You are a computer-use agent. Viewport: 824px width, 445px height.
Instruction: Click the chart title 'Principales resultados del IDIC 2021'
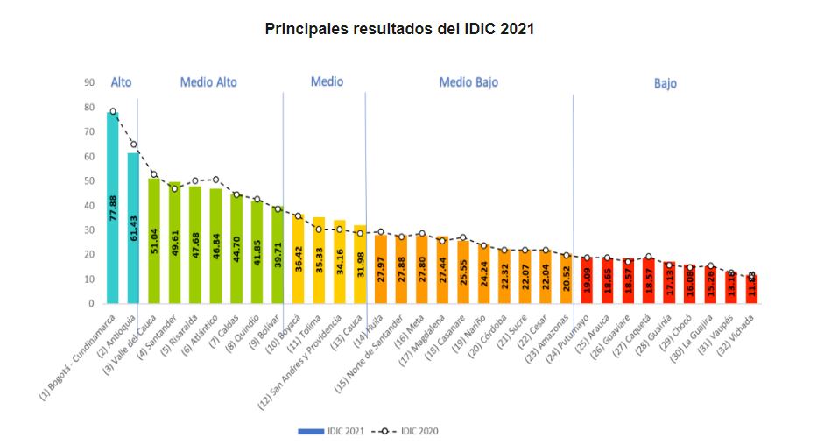pos(399,29)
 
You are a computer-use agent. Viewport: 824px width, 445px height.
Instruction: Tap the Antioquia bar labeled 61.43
pos(133,228)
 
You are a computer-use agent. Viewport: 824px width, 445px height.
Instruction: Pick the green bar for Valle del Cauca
pos(154,241)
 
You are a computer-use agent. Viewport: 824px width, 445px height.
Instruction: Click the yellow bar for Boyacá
pos(298,259)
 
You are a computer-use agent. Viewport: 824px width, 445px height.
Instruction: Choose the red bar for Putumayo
pos(586,280)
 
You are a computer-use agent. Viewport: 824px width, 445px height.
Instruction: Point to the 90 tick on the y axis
pos(89,83)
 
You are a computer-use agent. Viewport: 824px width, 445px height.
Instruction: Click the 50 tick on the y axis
pos(89,181)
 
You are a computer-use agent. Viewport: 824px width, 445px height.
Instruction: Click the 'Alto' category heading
pos(121,82)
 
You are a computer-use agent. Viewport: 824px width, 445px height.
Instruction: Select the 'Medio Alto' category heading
pos(208,82)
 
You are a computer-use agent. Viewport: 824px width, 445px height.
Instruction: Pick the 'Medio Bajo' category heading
pos(468,82)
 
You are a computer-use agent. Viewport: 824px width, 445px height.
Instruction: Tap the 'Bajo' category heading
pos(665,84)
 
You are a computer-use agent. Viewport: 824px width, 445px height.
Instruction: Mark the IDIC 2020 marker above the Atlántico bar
pos(215,180)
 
